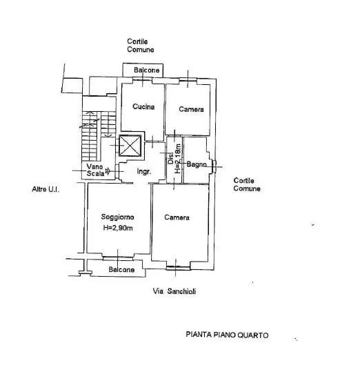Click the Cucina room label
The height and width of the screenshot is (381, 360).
143,107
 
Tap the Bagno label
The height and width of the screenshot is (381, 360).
197,164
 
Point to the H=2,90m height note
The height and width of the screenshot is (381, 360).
117,228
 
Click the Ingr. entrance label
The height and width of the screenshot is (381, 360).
144,171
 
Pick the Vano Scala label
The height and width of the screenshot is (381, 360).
96,170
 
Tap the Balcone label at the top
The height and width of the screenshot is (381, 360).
147,70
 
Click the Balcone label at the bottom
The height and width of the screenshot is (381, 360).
122,270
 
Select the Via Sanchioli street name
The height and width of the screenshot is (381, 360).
174,291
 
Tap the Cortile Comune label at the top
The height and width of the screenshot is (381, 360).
141,46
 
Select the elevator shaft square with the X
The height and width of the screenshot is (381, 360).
130,146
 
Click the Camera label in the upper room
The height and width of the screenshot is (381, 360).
191,110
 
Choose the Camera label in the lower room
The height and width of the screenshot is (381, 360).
177,217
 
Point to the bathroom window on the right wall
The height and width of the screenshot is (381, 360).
213,165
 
